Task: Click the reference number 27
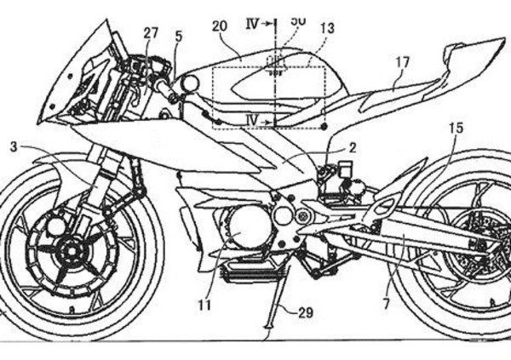click(151, 33)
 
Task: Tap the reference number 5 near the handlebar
click(178, 37)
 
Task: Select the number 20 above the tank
click(220, 27)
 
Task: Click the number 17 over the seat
click(401, 62)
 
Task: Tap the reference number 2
click(352, 147)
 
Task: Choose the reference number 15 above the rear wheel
click(456, 128)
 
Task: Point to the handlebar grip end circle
click(190, 83)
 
